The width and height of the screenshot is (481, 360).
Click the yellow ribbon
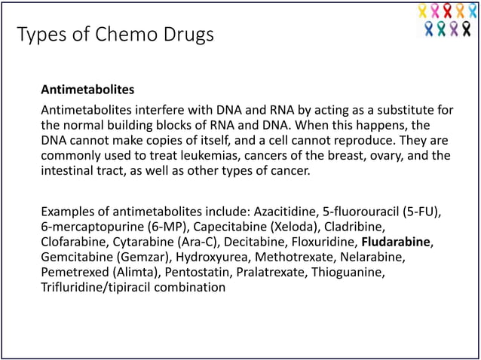pyautogui.click(x=422, y=11)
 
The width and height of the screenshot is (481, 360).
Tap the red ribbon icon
pyautogui.click(x=447, y=11)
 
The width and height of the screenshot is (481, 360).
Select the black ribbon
pyautogui.click(x=466, y=29)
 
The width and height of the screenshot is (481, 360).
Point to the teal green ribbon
pyautogui.click(x=441, y=29)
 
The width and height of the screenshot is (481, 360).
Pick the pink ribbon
pyautogui.click(x=435, y=11)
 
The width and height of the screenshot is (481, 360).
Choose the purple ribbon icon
pyautogui.click(x=454, y=29)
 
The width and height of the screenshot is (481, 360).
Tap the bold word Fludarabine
pyautogui.click(x=397, y=242)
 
